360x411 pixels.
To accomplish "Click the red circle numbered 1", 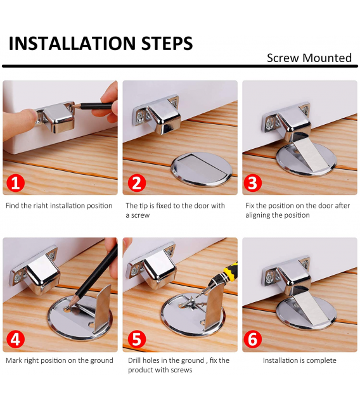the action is point(15,182).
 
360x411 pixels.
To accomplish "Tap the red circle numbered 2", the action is point(137,182).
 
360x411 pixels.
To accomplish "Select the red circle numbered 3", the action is point(252,182).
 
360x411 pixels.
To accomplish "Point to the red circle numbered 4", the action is point(15,339).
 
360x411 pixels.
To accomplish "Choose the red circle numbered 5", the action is point(137,339).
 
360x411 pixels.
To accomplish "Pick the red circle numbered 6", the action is point(252,339).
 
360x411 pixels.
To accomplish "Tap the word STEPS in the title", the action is point(167,43).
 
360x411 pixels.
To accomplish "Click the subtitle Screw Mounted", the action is point(309,58).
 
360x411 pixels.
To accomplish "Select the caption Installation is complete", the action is point(299,360).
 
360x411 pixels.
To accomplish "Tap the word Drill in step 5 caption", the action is point(135,360).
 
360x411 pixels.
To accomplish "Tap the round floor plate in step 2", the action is point(202,169).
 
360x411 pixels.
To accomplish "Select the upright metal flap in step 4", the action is point(103,309).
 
